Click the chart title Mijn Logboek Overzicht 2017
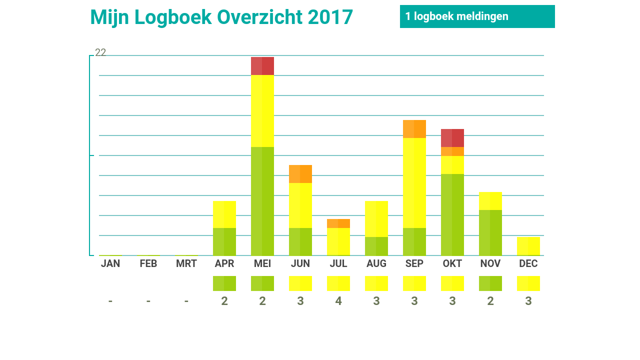[221, 17]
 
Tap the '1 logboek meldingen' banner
[477, 16]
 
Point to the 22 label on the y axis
[100, 52]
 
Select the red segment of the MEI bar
[262, 66]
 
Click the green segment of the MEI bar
[262, 201]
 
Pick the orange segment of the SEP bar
[414, 129]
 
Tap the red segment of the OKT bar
[452, 138]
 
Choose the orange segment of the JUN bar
[300, 174]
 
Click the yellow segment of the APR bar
[224, 214]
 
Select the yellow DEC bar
[528, 246]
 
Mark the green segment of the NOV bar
[490, 232]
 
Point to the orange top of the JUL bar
[338, 223]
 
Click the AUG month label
[376, 263]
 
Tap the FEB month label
[148, 263]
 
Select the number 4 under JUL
[338, 301]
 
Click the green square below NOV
[490, 283]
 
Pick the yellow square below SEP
[414, 283]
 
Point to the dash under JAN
[110, 301]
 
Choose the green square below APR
[224, 283]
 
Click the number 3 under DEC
[528, 301]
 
